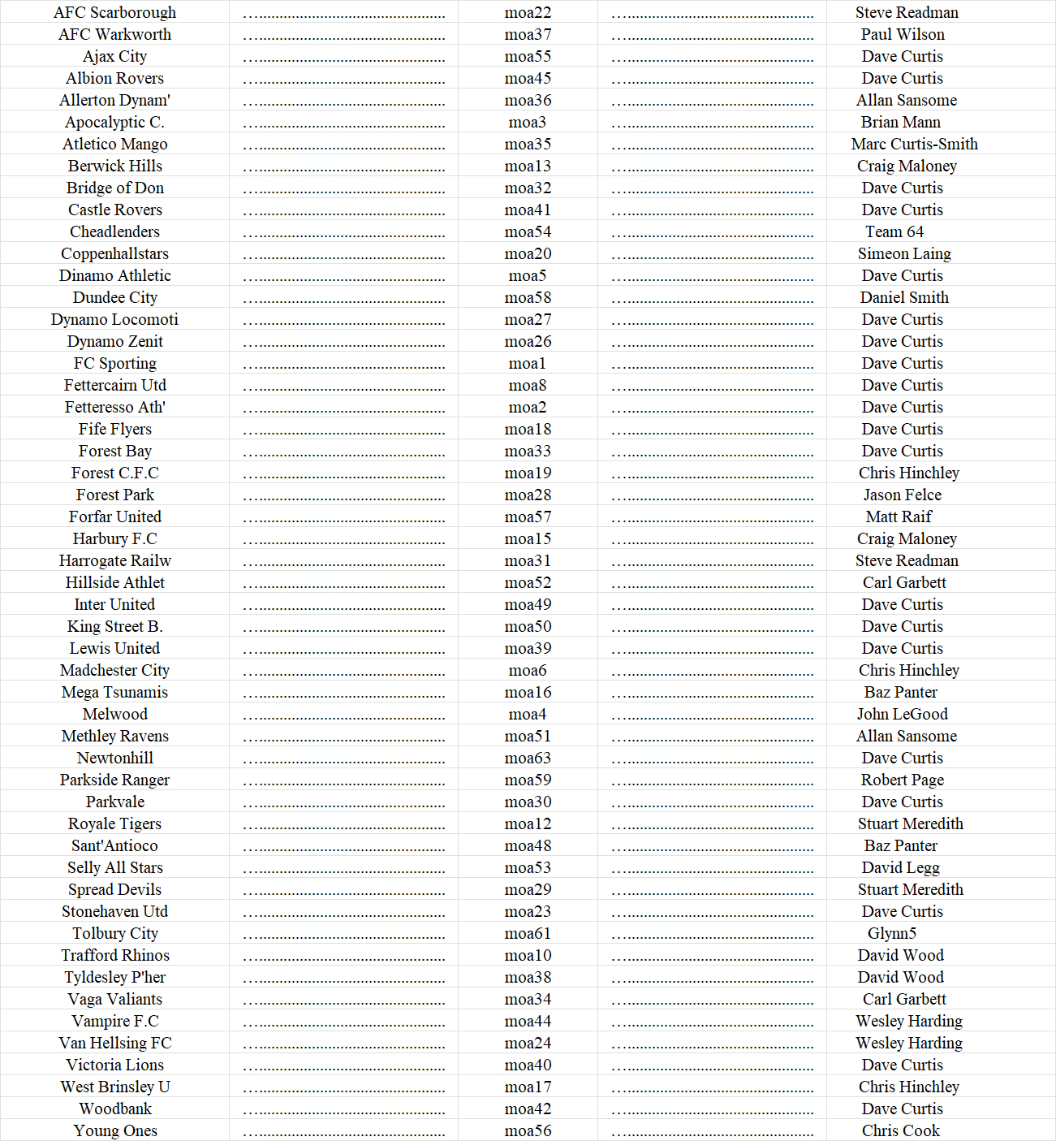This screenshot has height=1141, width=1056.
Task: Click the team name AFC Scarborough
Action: [x=114, y=12]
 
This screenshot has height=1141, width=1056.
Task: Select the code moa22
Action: [x=528, y=12]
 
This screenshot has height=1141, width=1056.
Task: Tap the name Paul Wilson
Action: [x=903, y=34]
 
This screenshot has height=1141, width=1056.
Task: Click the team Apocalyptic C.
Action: [x=114, y=122]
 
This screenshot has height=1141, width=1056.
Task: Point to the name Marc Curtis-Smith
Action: [x=914, y=144]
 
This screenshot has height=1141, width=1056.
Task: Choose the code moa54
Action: [x=528, y=231]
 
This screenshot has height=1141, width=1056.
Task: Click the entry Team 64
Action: [x=894, y=231]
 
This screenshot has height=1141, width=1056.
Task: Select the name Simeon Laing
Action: [x=904, y=253]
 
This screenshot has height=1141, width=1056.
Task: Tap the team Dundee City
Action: [x=114, y=297]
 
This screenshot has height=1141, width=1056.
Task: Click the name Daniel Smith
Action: [x=904, y=297]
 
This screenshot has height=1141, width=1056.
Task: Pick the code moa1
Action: [x=528, y=363]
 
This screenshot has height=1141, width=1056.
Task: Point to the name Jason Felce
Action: [x=903, y=495]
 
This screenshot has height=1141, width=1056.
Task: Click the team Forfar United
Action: [x=114, y=516]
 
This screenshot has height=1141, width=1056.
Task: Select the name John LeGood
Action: [x=902, y=714]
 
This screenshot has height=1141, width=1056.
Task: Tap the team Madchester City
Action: [x=114, y=670]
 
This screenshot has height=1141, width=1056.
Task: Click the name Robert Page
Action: [x=903, y=780]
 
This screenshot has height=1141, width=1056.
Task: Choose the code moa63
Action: [x=528, y=758]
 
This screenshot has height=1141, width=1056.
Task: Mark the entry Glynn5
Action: [x=892, y=933]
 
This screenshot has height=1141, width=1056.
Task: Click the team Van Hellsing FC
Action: [x=114, y=1043]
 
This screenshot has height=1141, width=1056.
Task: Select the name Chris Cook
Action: [x=901, y=1130]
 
